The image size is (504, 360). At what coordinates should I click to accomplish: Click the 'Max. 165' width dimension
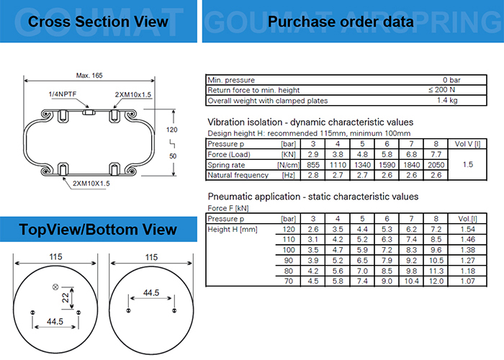(91, 76)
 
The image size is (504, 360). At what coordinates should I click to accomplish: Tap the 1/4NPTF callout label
(62, 94)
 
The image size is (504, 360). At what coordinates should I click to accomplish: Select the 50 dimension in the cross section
(172, 156)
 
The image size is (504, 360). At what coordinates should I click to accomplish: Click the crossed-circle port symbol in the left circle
(53, 288)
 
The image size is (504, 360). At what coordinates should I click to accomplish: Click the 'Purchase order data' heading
(341, 22)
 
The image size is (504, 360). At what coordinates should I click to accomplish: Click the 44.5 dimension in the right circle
(151, 294)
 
